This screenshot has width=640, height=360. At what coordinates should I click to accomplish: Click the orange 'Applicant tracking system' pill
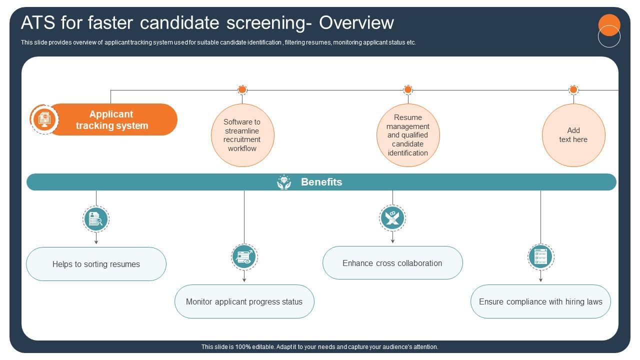pyautogui.click(x=112, y=119)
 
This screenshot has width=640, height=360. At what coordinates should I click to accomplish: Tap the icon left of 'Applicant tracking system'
pyautogui.click(x=44, y=119)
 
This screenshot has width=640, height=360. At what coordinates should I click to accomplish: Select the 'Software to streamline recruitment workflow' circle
pyautogui.click(x=242, y=135)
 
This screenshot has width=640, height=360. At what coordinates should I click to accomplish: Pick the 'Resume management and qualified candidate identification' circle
pyautogui.click(x=408, y=135)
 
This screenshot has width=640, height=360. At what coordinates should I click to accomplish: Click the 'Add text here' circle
pyautogui.click(x=573, y=135)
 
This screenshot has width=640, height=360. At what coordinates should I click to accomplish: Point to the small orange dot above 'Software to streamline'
pyautogui.click(x=242, y=90)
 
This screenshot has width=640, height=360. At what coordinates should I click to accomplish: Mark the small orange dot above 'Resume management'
pyautogui.click(x=408, y=90)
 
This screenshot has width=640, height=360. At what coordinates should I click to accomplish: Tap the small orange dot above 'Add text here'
pyautogui.click(x=573, y=90)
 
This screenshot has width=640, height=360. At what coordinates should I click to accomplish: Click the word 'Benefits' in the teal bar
pyautogui.click(x=321, y=182)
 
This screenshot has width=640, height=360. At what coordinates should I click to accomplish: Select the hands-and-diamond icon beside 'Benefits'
pyautogui.click(x=284, y=182)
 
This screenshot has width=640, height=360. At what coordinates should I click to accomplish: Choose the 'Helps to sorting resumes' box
pyautogui.click(x=96, y=264)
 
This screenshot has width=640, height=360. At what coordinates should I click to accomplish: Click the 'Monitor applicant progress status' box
pyautogui.click(x=244, y=301)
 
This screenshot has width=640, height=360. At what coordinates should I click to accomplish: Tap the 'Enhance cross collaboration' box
pyautogui.click(x=392, y=263)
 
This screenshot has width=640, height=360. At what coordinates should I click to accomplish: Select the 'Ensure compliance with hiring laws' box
pyautogui.click(x=540, y=301)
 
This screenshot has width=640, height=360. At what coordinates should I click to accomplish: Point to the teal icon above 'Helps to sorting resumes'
pyautogui.click(x=96, y=218)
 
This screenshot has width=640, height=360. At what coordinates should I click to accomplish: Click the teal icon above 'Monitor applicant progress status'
pyautogui.click(x=244, y=257)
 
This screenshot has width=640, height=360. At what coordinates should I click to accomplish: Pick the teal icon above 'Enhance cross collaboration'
pyautogui.click(x=392, y=218)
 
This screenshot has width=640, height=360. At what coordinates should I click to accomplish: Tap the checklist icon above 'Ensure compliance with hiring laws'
pyautogui.click(x=540, y=257)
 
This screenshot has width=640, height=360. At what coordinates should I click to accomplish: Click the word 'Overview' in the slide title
pyautogui.click(x=356, y=23)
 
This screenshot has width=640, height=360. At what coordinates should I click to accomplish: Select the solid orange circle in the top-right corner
pyautogui.click(x=609, y=24)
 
